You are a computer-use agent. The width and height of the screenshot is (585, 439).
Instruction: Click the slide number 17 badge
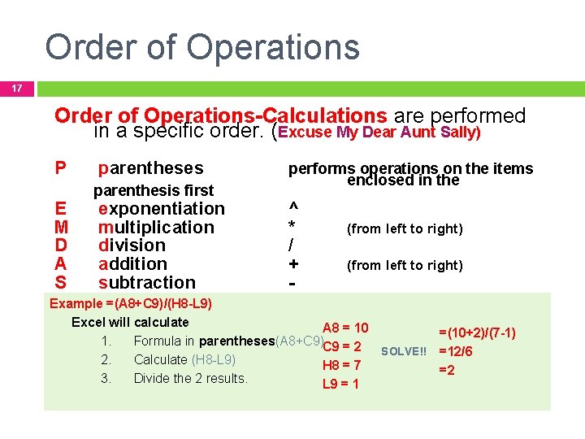pyautogui.click(x=16, y=88)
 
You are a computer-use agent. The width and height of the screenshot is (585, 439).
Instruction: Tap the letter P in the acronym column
pyautogui.click(x=60, y=168)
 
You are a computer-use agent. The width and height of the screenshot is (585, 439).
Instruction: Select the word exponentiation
pyautogui.click(x=161, y=209)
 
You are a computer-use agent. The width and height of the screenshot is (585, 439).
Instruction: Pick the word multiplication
pyautogui.click(x=156, y=228)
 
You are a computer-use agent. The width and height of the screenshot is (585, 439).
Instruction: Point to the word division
pyautogui.click(x=132, y=246)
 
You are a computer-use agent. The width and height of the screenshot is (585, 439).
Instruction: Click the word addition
pyautogui.click(x=132, y=264)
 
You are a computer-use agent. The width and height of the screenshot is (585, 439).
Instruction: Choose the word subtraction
pyautogui.click(x=146, y=283)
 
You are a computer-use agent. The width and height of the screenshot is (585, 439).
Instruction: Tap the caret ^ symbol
pyautogui.click(x=293, y=209)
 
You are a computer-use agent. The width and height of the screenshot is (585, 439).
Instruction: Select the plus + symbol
pyautogui.click(x=293, y=264)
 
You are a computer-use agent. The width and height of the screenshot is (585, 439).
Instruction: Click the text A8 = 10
pyautogui.click(x=345, y=328)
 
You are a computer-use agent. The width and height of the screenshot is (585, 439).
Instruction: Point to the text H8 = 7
pyautogui.click(x=341, y=366)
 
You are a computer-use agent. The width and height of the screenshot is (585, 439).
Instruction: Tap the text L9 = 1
pyautogui.click(x=340, y=384)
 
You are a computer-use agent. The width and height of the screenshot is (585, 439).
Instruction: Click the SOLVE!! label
pyautogui.click(x=404, y=351)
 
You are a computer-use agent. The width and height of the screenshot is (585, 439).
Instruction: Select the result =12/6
pyautogui.click(x=456, y=352)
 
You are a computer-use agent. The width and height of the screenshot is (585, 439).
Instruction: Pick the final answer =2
pyautogui.click(x=446, y=370)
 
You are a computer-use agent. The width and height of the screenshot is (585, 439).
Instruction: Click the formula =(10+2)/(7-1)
pyautogui.click(x=477, y=333)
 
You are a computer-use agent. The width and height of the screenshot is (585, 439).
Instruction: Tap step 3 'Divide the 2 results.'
pyautogui.click(x=190, y=378)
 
